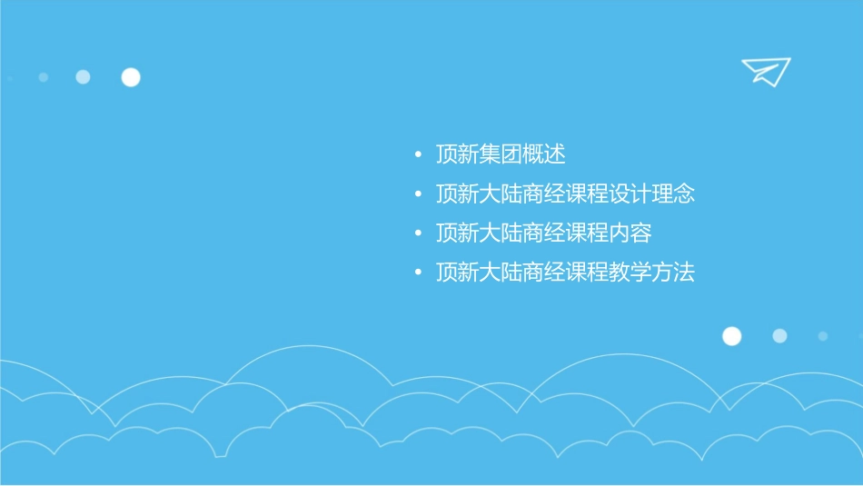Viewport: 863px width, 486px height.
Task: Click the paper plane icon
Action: [765, 71]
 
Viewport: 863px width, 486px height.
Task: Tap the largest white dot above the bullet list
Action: [131, 77]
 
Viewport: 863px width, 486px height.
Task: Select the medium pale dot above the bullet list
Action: [83, 77]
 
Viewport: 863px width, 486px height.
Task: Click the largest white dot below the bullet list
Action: [731, 336]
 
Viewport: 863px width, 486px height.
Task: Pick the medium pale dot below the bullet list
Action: [779, 336]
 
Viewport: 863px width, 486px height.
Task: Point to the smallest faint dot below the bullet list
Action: [822, 336]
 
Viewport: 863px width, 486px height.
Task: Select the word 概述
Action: [544, 154]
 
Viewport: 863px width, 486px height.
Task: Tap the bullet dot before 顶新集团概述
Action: [417, 155]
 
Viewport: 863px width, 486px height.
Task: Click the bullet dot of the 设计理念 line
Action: [417, 194]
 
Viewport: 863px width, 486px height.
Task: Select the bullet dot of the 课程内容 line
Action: [417, 234]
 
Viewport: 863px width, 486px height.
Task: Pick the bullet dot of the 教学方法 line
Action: [417, 273]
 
